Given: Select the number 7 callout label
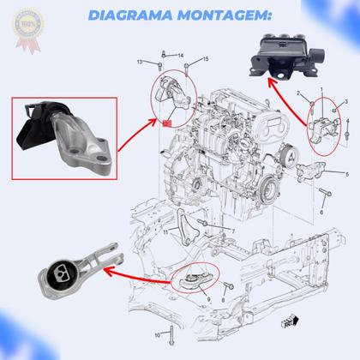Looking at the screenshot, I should coord(232,231).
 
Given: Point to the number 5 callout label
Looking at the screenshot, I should coord(347,171).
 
